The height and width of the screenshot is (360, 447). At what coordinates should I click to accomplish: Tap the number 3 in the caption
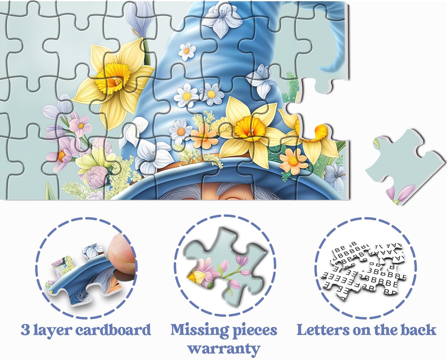tap(25, 330)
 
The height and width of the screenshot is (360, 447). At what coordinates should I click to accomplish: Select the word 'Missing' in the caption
tap(199, 330)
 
